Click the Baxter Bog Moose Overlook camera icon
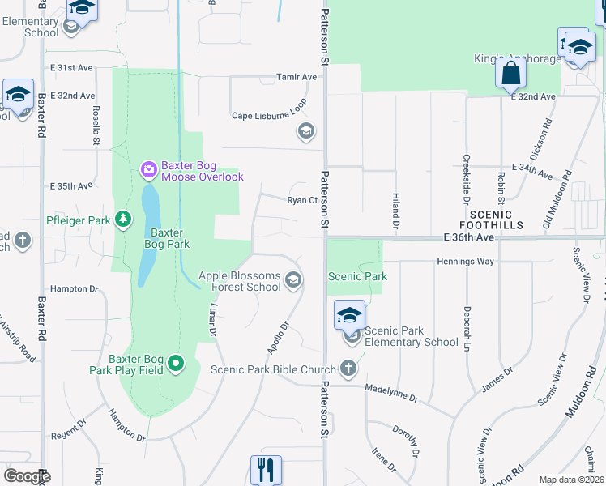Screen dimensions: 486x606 point(148,170)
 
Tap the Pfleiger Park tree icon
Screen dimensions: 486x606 point(122,220)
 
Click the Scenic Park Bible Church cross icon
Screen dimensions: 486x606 point(348,369)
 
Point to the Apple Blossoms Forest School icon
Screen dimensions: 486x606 point(293,281)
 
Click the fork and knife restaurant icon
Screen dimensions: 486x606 point(265,469)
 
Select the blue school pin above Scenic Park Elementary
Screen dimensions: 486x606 point(350,314)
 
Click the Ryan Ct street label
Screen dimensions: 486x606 point(301,200)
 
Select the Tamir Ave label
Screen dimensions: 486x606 point(297,77)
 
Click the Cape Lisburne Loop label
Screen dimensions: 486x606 point(270,115)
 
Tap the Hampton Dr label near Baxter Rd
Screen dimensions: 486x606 point(74,288)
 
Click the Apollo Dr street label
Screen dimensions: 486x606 point(278,339)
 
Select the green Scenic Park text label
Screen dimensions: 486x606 point(357,276)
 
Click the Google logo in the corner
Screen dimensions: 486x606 point(26,475)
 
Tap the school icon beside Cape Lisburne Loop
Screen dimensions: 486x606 point(305,131)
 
